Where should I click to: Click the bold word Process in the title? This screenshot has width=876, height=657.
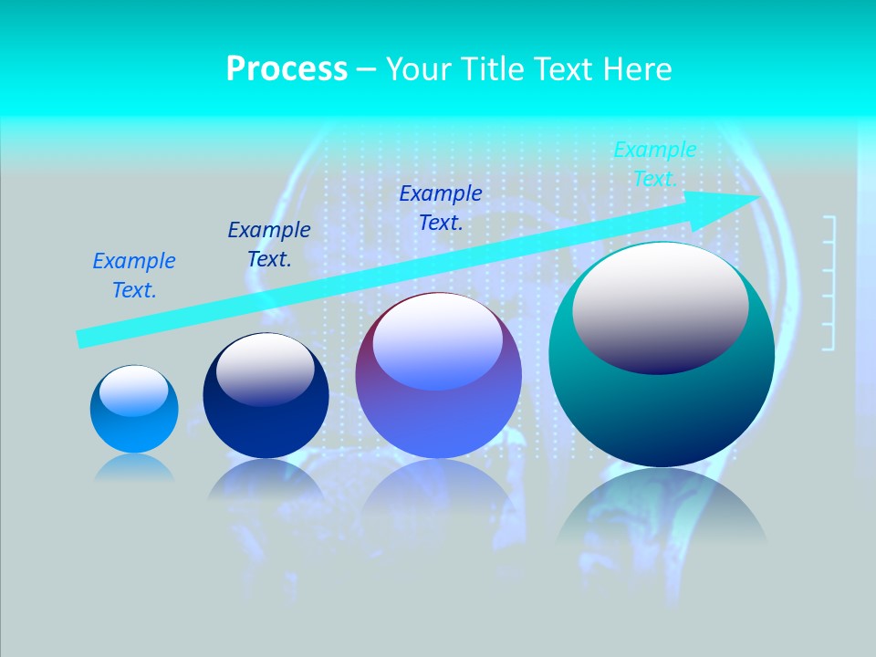pos(287,69)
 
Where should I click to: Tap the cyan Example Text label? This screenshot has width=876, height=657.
pos(654,164)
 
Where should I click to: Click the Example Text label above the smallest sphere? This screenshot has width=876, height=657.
pos(134,276)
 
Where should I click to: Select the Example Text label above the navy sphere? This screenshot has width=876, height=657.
pos(269,245)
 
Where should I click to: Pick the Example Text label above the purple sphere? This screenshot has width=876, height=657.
pos(441,207)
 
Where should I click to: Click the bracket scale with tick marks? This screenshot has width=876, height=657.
pos(829,283)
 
